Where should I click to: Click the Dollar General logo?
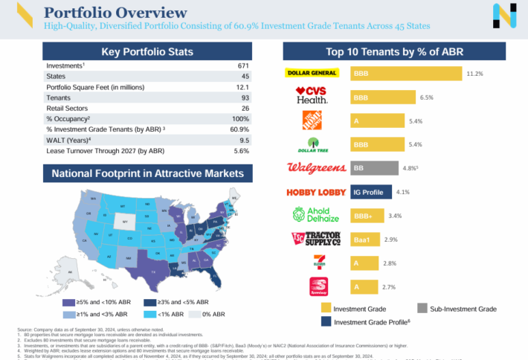coord(312,74)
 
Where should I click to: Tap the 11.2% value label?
coord(475,74)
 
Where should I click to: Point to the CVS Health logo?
coord(312,96)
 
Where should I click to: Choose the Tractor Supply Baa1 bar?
coord(365,240)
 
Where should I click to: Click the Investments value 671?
coord(242,66)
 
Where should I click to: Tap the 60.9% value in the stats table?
coord(240,129)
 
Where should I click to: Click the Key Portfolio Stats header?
coord(147,51)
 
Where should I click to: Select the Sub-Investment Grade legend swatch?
coord(422,308)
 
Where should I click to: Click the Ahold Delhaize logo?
coord(312,216)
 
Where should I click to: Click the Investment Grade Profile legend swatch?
coord(326,321)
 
